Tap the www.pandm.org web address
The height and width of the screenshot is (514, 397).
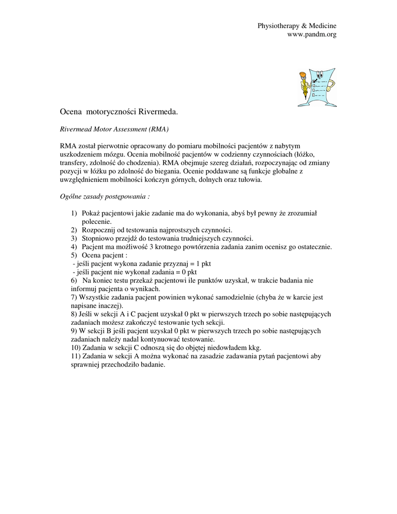pos(311,34)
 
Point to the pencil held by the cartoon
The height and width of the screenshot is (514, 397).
pos(304,85)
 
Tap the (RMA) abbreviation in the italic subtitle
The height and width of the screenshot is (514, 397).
pos(158,129)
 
